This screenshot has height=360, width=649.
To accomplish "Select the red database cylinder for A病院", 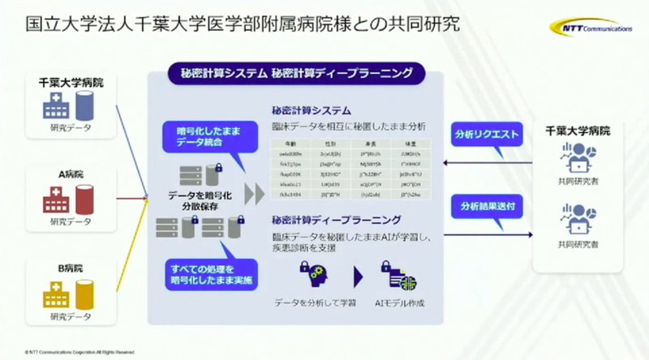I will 84,196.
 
